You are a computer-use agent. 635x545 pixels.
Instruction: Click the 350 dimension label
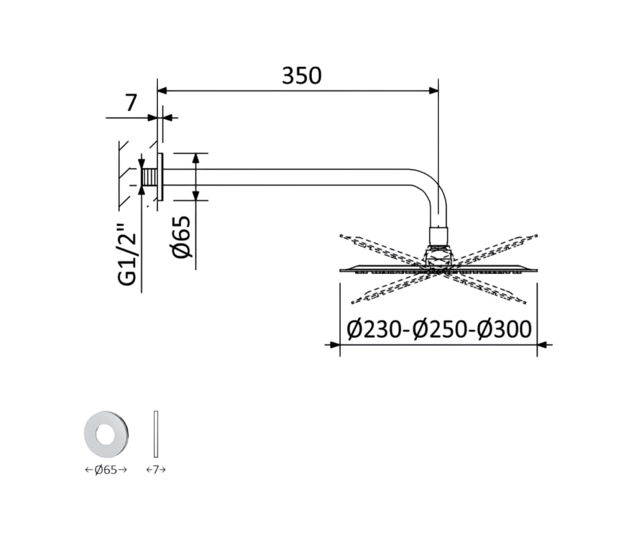(302, 76)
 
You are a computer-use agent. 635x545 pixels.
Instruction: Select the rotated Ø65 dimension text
(181, 237)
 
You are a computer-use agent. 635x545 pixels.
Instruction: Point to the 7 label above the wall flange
(130, 103)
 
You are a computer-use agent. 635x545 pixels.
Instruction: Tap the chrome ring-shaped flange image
(106, 434)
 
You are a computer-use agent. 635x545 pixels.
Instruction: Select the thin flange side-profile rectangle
(156, 434)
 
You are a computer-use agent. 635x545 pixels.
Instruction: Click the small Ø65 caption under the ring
(106, 470)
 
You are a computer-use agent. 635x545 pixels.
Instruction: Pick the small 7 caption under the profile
(156, 470)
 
